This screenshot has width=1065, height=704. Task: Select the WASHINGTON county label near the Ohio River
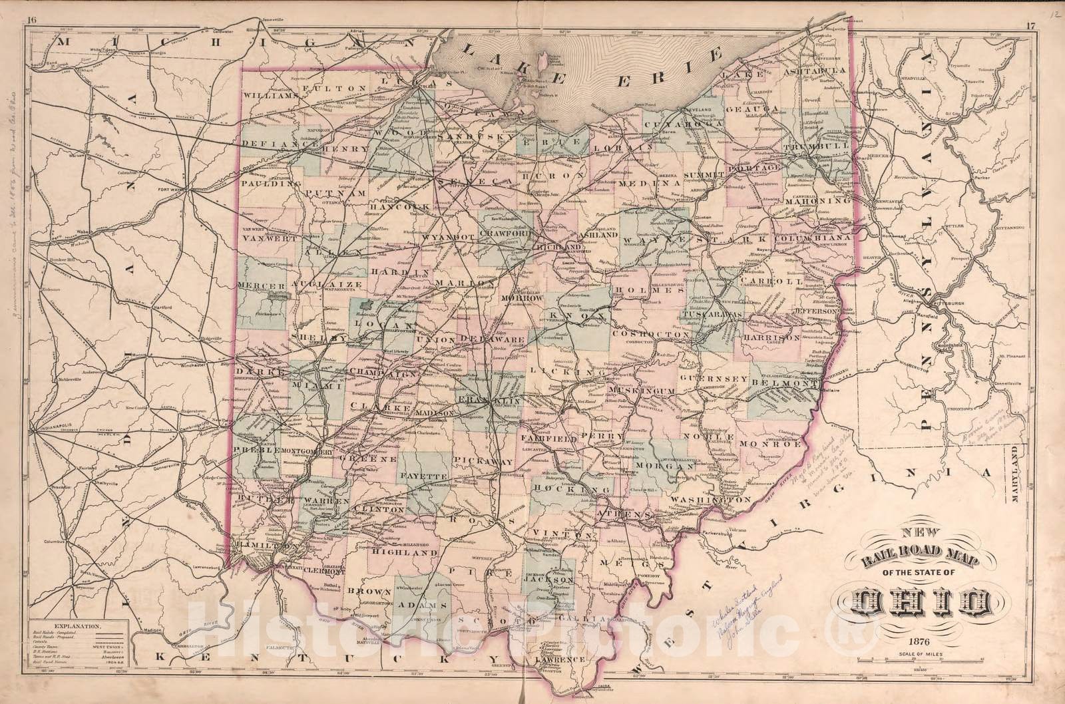[x=710, y=499]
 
